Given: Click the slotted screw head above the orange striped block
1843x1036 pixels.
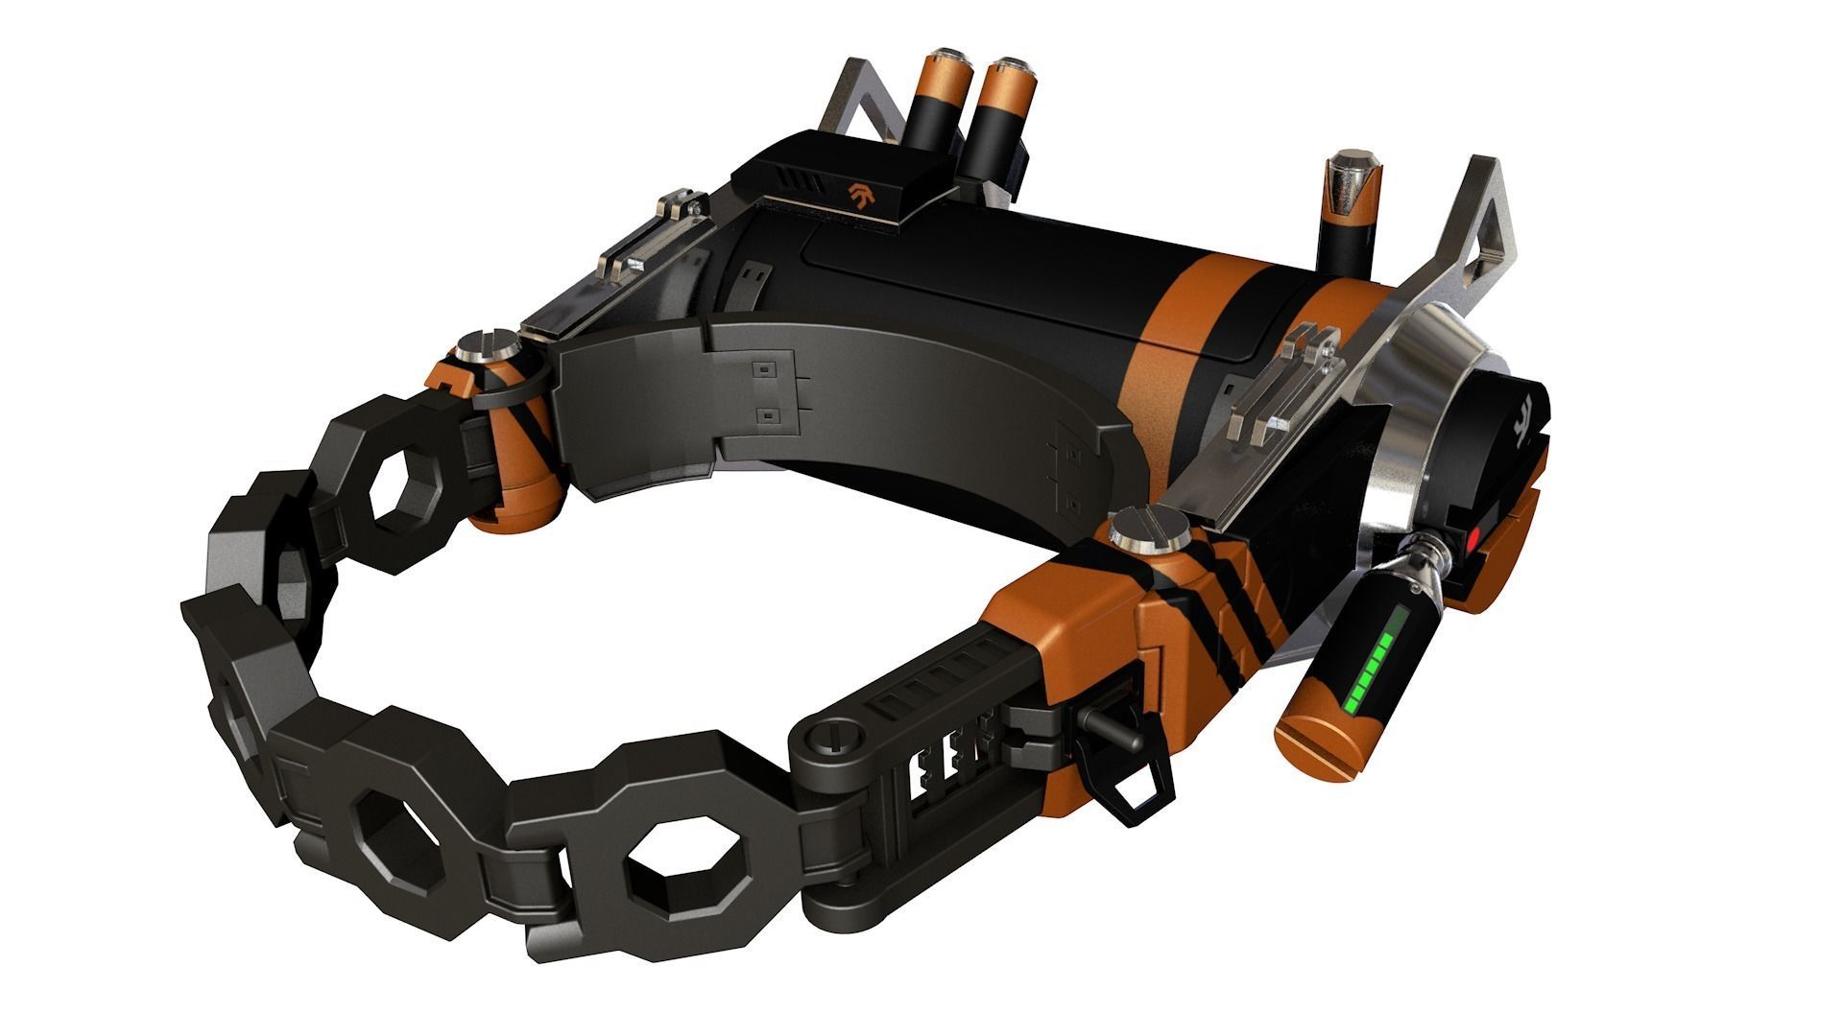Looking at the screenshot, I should [x=1143, y=530].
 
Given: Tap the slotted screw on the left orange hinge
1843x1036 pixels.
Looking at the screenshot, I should [x=479, y=344].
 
